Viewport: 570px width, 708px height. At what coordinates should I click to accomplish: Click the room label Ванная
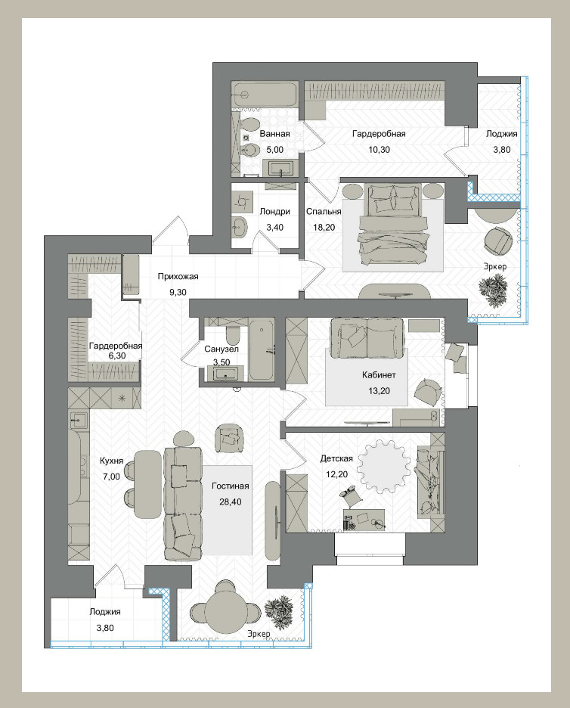click(x=274, y=134)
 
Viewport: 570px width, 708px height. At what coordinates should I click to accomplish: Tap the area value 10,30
click(x=379, y=150)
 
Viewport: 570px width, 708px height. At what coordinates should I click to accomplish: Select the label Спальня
click(x=323, y=211)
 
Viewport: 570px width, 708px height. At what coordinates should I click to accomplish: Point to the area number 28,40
click(x=230, y=501)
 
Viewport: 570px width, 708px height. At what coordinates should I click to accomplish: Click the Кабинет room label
click(x=379, y=374)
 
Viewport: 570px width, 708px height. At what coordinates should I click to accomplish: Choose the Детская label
click(x=336, y=458)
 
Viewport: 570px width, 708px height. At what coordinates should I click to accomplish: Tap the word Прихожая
click(x=178, y=276)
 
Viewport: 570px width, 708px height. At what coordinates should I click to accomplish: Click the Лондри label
click(x=275, y=211)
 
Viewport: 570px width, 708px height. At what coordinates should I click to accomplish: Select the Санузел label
click(x=221, y=349)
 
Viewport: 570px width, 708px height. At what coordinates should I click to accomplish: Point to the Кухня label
click(x=111, y=461)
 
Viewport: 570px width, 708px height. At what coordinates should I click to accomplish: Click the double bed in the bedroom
click(x=392, y=225)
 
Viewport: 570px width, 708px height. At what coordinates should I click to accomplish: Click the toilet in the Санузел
click(x=234, y=335)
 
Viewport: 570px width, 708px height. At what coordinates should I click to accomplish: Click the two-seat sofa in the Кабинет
click(x=367, y=338)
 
